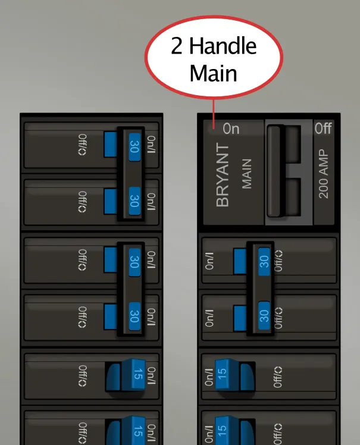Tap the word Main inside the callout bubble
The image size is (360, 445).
click(213, 73)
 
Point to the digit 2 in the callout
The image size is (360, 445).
click(177, 47)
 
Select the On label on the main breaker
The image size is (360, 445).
click(231, 129)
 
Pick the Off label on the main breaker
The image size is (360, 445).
click(323, 128)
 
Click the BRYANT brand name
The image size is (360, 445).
click(223, 175)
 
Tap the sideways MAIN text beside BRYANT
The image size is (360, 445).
click(246, 173)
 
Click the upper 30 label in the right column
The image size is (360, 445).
click(264, 259)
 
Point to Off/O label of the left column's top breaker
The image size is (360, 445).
click(83, 144)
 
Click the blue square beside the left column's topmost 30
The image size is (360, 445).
click(110, 144)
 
